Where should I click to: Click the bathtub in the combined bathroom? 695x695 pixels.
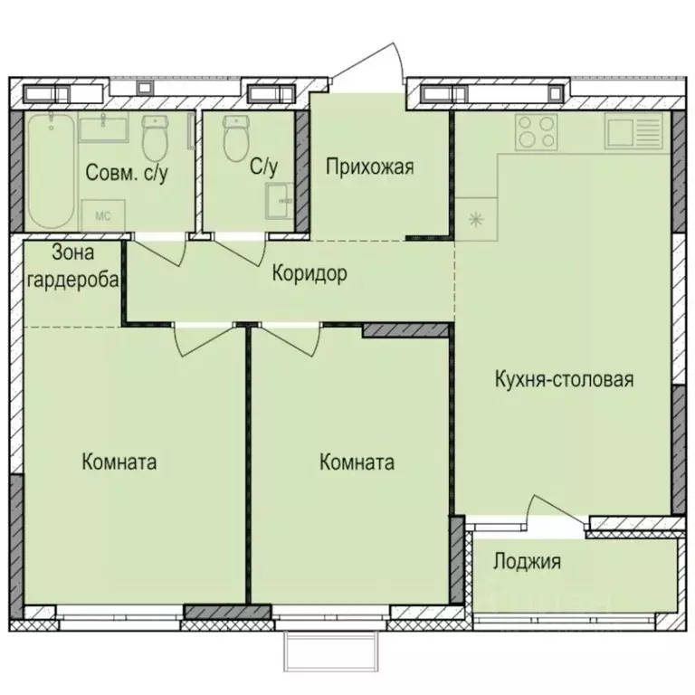pyautogui.click(x=50, y=172)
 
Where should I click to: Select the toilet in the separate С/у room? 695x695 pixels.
pyautogui.click(x=236, y=137)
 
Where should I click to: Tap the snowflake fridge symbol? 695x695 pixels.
pyautogui.click(x=474, y=218)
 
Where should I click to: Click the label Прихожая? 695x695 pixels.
pyautogui.click(x=369, y=166)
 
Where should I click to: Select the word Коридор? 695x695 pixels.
pyautogui.click(x=309, y=274)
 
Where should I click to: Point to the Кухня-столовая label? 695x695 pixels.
pyautogui.click(x=563, y=378)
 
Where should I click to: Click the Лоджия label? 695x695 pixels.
pyautogui.click(x=527, y=561)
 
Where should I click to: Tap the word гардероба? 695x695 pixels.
pyautogui.click(x=72, y=280)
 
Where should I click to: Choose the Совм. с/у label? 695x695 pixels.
pyautogui.click(x=127, y=172)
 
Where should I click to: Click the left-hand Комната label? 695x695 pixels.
pyautogui.click(x=119, y=462)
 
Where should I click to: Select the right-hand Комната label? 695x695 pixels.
pyautogui.click(x=357, y=462)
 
